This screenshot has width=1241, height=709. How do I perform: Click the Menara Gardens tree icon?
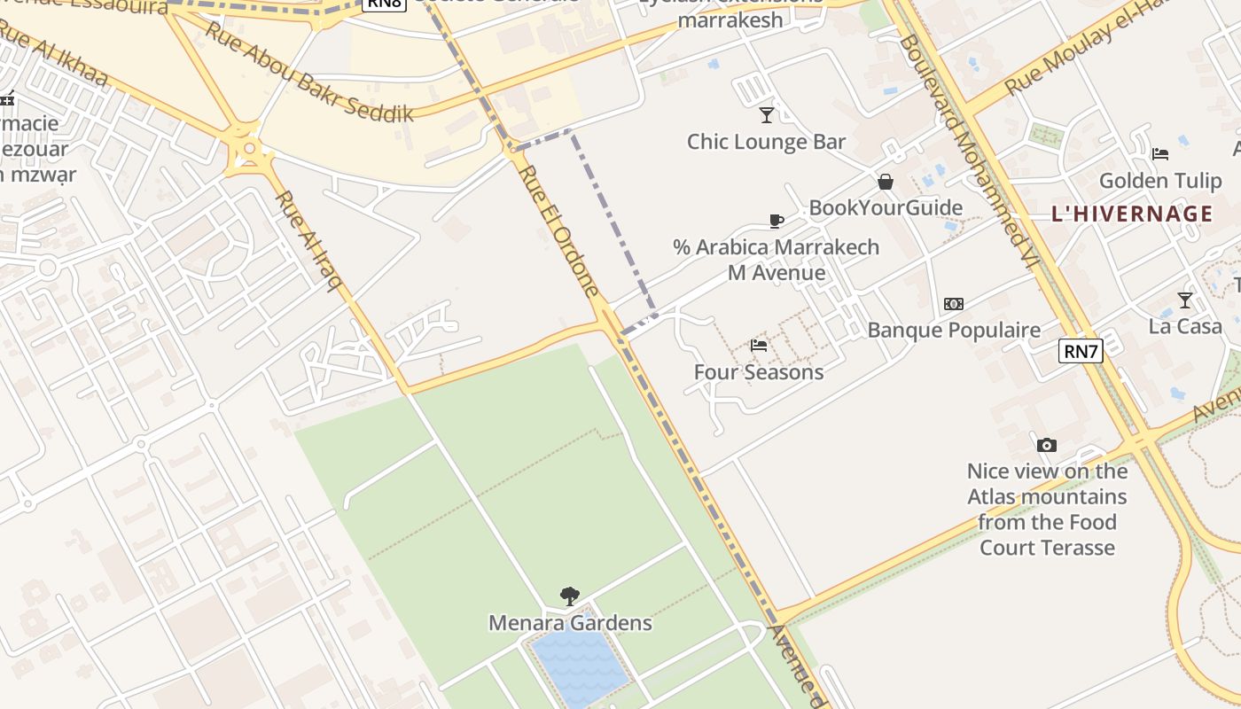570,596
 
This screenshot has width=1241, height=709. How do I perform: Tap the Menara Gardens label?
570,623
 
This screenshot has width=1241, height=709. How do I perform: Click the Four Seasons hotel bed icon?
758,345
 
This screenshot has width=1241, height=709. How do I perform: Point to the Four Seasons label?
758,372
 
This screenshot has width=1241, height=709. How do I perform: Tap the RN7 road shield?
1081,351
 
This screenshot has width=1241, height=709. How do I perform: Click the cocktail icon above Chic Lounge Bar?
767,114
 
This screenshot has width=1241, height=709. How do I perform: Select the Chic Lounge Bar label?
767,142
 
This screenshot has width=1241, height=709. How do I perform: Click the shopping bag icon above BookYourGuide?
885,182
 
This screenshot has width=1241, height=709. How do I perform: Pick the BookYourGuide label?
885,208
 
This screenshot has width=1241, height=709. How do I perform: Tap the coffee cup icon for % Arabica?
777,221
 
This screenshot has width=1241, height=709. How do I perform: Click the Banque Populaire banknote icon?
954,303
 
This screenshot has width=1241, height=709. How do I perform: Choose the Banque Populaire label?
954,331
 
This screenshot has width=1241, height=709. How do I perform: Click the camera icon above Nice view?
1047,445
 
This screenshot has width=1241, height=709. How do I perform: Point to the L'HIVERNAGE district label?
1132,214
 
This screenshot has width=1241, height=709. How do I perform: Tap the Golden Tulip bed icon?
1160,154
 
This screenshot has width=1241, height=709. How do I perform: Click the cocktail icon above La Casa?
1185,300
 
